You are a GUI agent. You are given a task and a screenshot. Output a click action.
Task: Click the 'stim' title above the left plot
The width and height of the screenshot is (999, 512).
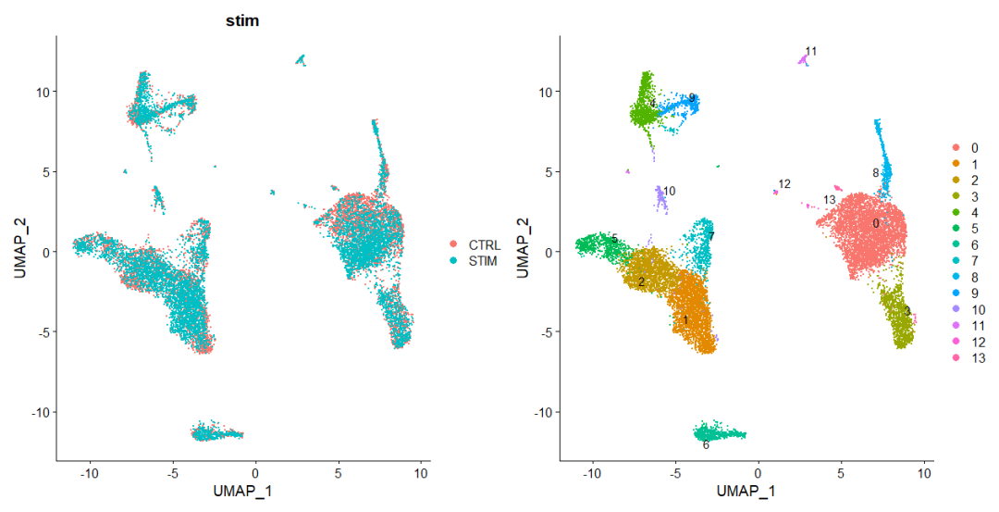tap(241, 20)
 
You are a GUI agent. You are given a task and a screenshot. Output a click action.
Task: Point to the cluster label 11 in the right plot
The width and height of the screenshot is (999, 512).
tap(811, 51)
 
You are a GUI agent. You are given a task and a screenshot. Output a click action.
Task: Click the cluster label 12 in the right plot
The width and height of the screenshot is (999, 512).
tap(784, 184)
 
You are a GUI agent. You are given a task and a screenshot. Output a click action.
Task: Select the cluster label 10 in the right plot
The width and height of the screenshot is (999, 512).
tap(669, 191)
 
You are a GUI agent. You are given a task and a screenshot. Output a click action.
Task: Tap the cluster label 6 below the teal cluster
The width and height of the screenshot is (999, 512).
tap(706, 444)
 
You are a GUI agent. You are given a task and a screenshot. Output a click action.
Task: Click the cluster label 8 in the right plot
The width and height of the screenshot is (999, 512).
tap(875, 173)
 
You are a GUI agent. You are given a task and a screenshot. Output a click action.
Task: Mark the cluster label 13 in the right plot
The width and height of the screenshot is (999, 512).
tap(830, 200)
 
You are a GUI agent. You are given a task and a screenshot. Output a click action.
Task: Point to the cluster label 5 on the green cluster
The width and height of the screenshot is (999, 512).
tap(613, 241)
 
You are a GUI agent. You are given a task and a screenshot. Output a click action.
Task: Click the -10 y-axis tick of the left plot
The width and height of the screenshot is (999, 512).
tap(40, 411)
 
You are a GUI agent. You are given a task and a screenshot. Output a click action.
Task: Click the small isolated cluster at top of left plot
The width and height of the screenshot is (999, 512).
tap(301, 60)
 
